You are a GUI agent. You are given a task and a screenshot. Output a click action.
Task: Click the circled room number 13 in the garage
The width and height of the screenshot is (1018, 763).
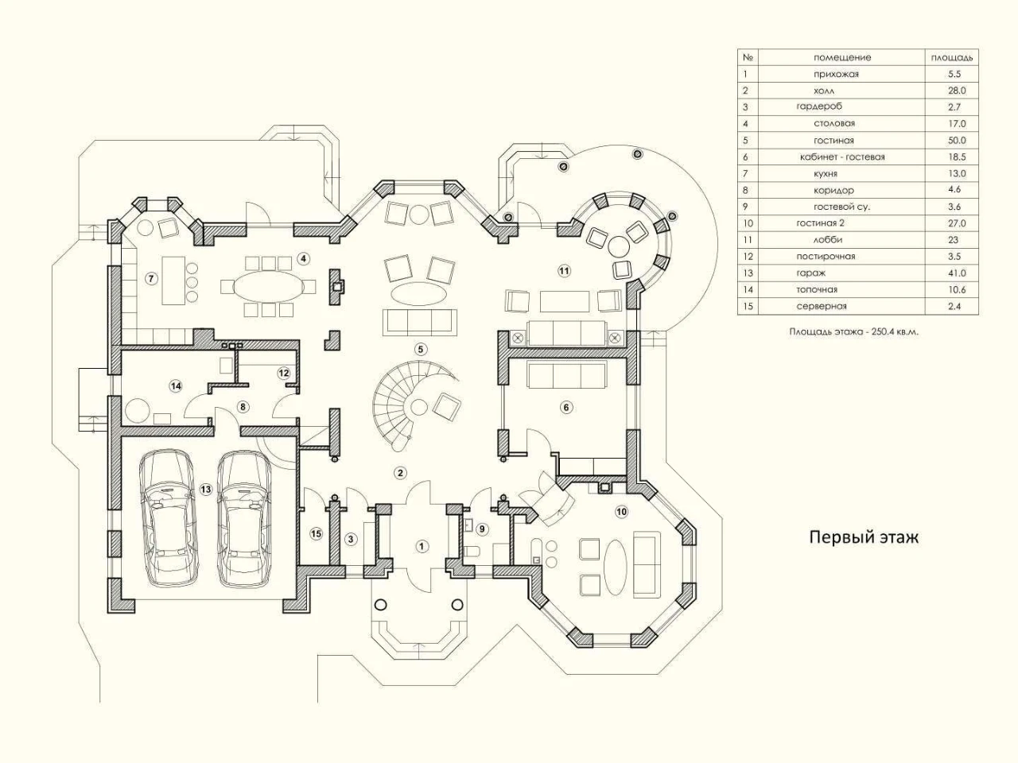205,490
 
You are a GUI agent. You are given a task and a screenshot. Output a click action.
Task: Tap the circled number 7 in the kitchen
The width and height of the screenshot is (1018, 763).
151,278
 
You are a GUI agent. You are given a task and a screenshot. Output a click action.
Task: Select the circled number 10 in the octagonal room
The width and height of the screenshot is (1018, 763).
621,511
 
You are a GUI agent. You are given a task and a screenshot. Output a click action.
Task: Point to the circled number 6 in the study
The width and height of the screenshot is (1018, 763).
565,407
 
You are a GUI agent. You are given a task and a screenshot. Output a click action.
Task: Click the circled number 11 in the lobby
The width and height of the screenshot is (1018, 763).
564,270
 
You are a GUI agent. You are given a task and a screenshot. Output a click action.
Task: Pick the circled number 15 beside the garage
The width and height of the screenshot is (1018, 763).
316,533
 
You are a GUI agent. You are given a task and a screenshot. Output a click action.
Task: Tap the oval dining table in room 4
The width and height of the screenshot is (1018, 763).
268,286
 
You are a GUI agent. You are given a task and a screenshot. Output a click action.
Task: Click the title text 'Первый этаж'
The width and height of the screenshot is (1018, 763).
864,537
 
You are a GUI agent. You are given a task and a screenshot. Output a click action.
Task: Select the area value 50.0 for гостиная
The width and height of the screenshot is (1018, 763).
956,141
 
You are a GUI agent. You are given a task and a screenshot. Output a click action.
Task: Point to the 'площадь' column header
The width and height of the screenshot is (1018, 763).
952,57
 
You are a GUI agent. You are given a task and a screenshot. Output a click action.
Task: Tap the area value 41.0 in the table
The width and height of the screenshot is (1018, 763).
956,273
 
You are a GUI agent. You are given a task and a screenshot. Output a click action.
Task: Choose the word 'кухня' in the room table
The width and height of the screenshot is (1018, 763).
826,174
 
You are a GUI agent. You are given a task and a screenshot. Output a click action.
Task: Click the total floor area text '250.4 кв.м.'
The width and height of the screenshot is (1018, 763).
895,331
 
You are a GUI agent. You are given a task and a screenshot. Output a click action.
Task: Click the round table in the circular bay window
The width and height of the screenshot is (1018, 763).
618,246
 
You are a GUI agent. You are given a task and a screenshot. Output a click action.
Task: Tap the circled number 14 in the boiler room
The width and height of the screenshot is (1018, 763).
176,386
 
